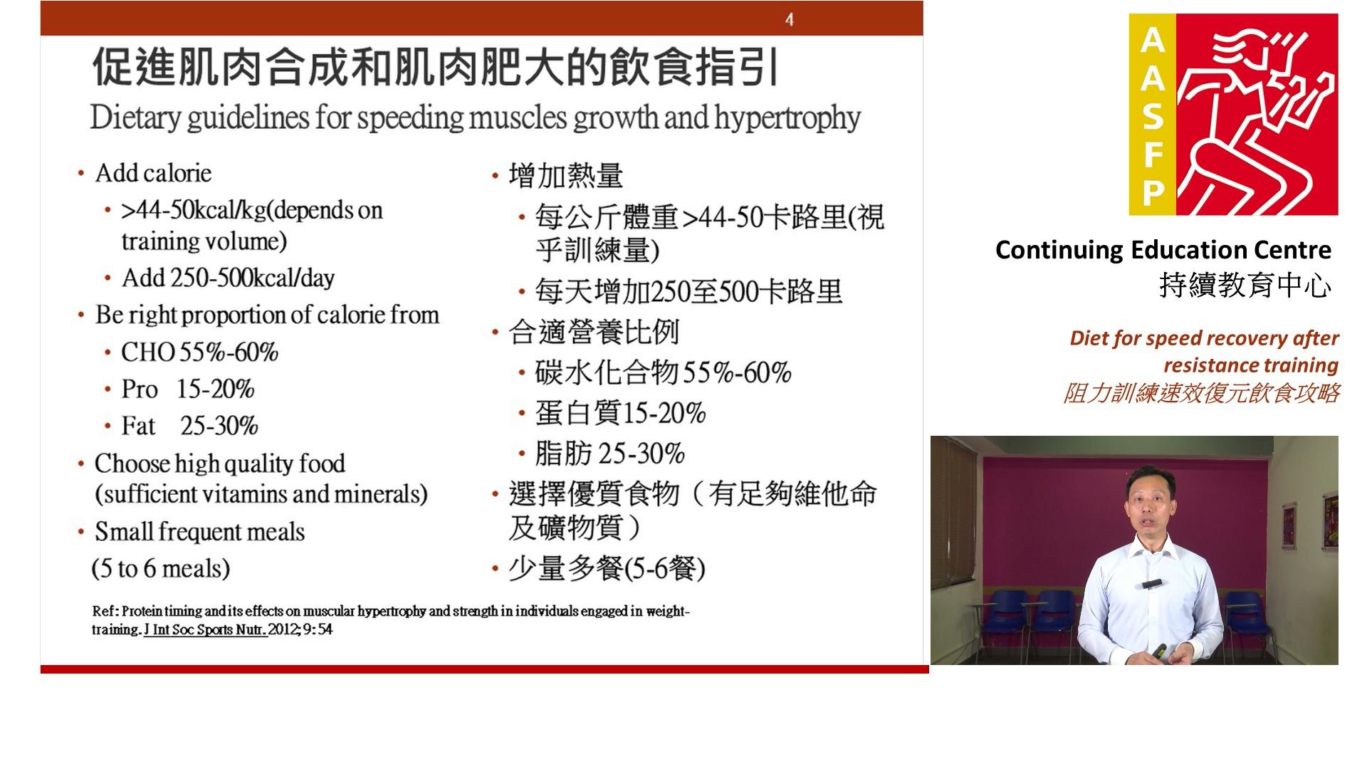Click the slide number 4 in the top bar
click(x=790, y=19)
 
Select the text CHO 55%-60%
click(x=199, y=352)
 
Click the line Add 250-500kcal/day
click(x=228, y=278)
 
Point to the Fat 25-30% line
click(x=189, y=426)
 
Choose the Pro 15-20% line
click(x=187, y=389)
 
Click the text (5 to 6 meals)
click(x=161, y=568)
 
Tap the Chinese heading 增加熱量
click(x=566, y=175)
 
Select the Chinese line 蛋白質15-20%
click(x=620, y=412)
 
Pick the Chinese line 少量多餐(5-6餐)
click(x=607, y=568)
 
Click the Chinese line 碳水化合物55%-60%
click(x=663, y=372)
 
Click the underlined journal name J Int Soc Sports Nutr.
click(x=206, y=629)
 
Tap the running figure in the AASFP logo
click(x=1257, y=114)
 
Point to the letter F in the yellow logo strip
click(x=1153, y=155)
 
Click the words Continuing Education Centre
click(x=1163, y=250)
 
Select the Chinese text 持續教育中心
click(x=1245, y=286)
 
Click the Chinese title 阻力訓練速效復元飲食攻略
click(x=1201, y=392)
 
